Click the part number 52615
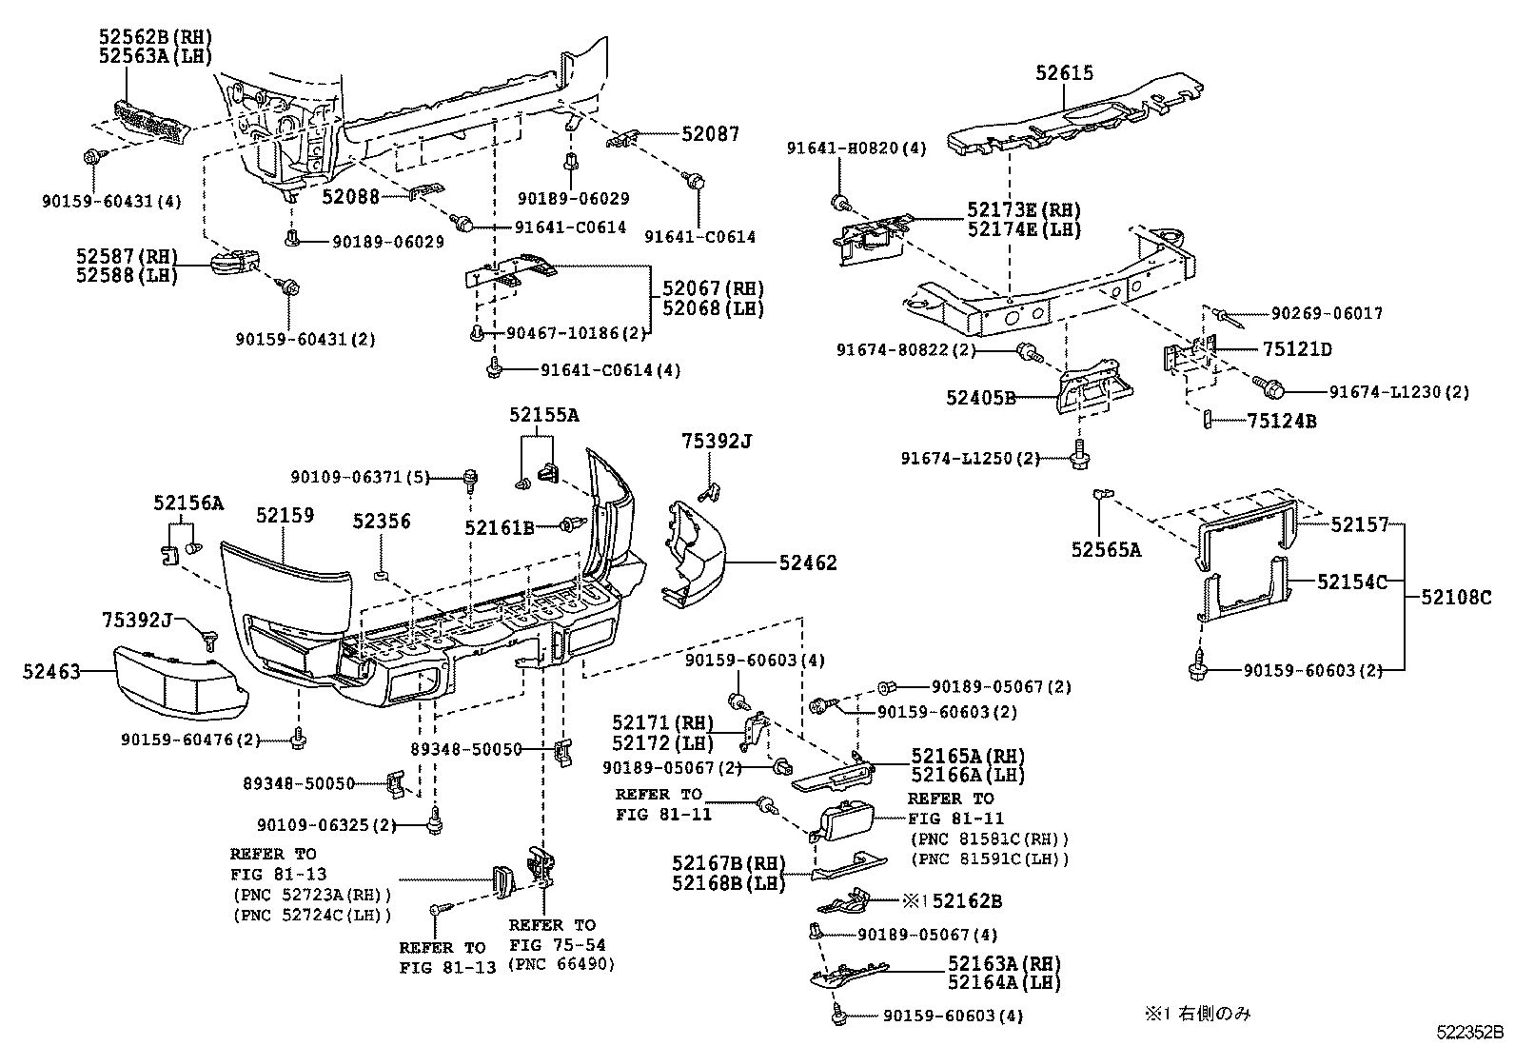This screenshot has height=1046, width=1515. click(x=1065, y=73)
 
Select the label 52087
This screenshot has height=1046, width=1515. click(x=710, y=135)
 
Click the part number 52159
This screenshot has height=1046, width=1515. click(x=285, y=515)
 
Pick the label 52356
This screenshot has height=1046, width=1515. click(x=382, y=522)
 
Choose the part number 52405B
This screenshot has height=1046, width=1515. click(x=980, y=398)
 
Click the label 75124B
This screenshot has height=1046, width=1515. click(x=1282, y=421)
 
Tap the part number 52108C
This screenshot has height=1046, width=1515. click(x=1457, y=598)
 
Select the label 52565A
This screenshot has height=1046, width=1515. click(x=1106, y=549)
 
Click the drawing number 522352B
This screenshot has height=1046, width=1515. click(x=1470, y=1031)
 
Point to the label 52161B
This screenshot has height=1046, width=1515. click(x=500, y=527)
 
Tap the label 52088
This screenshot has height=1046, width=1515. click(x=350, y=197)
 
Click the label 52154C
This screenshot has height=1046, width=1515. click(x=1352, y=582)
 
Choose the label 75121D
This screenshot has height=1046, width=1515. click(x=1297, y=349)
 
